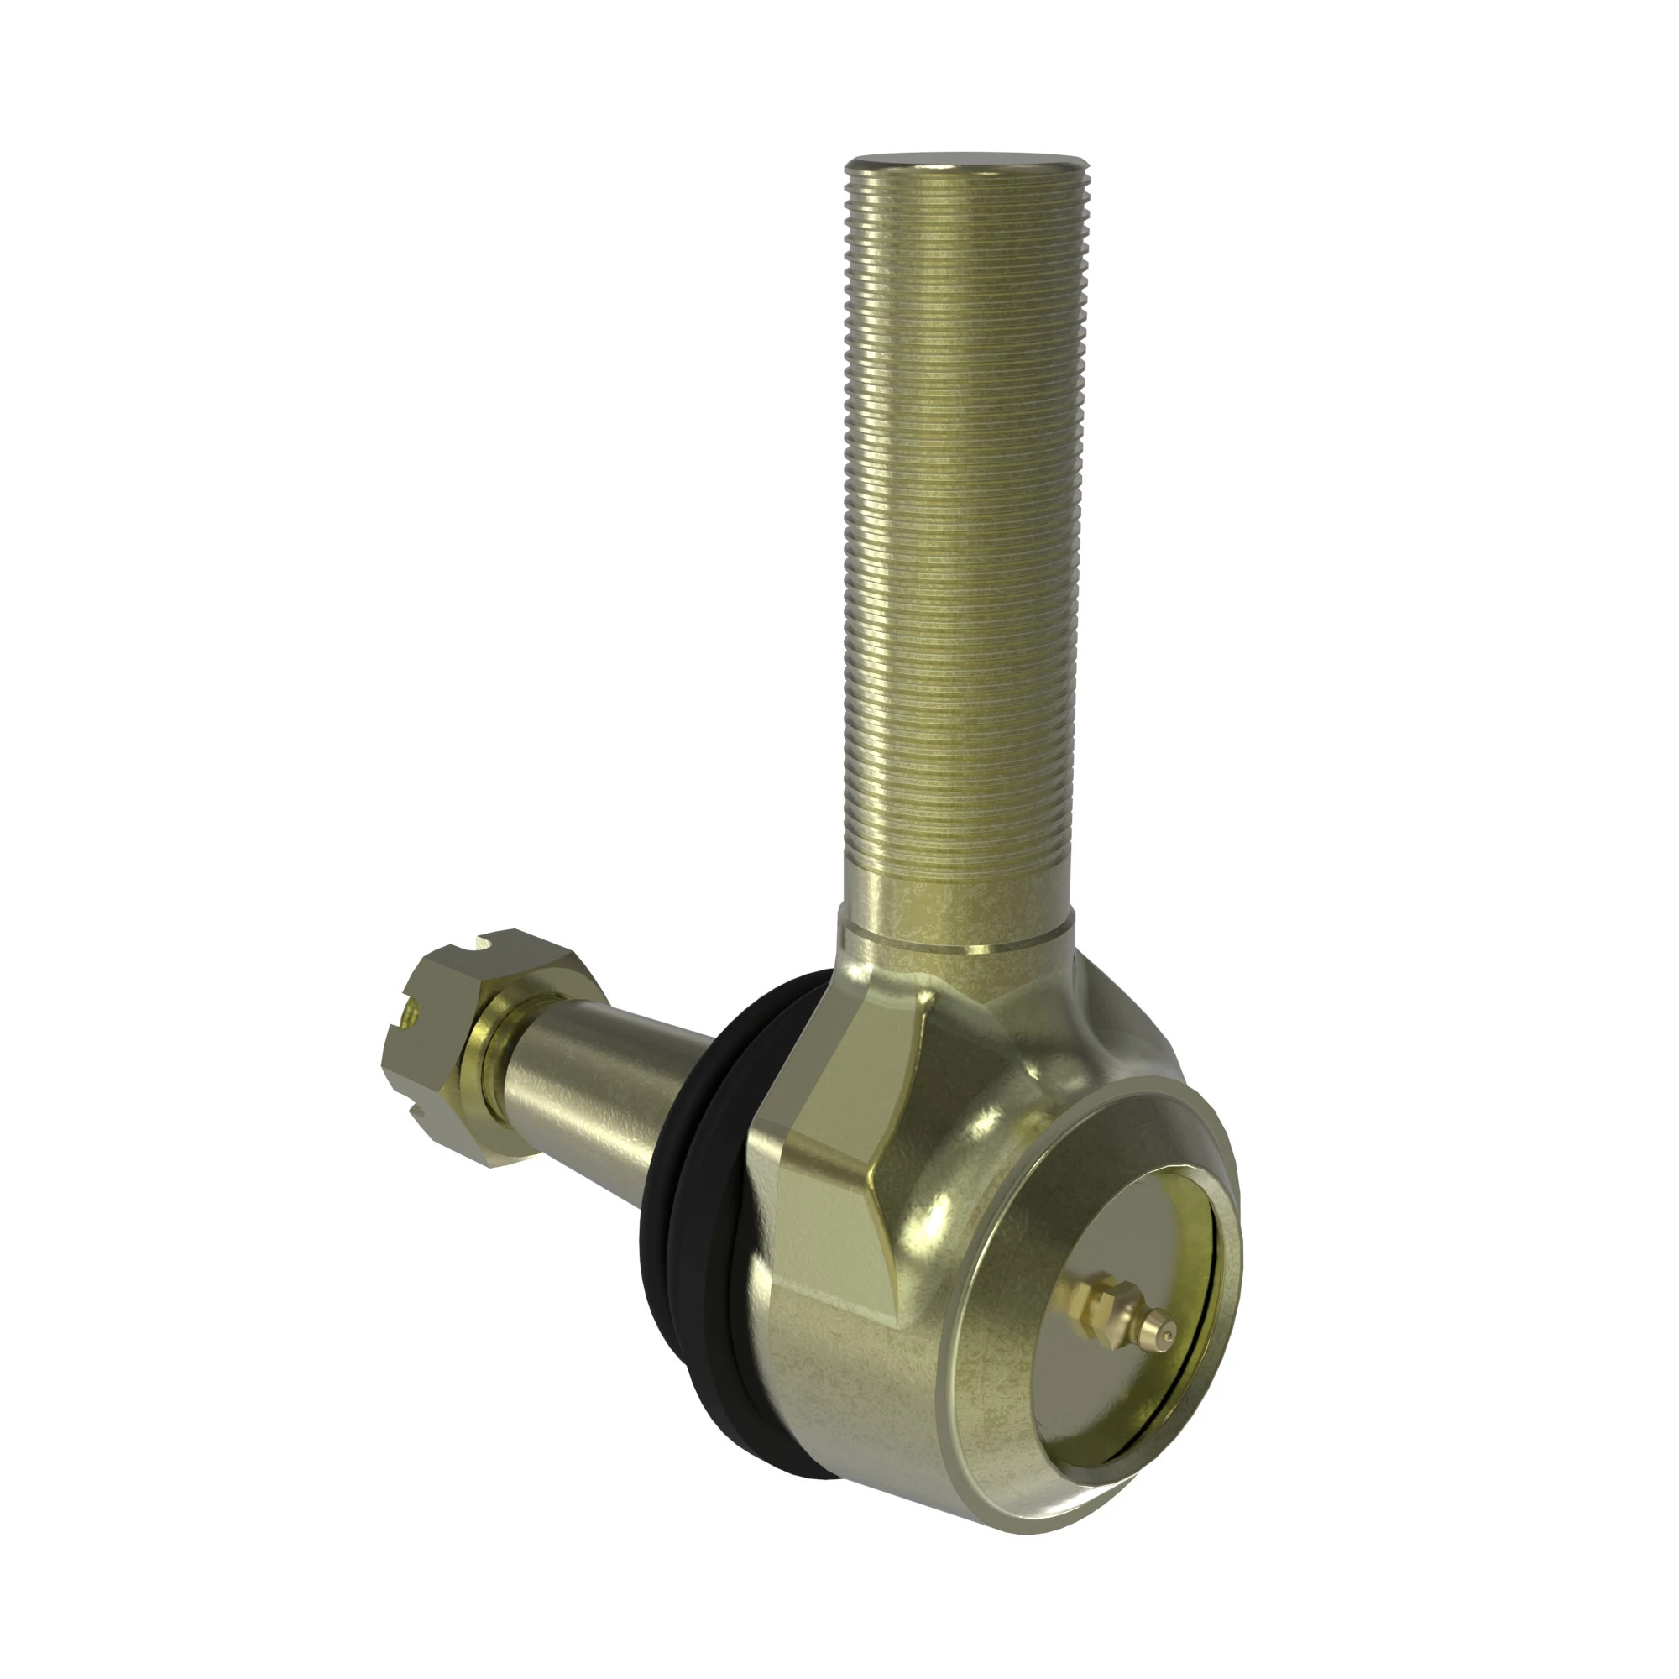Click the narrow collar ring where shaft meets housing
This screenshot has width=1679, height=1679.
tap(956, 942)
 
